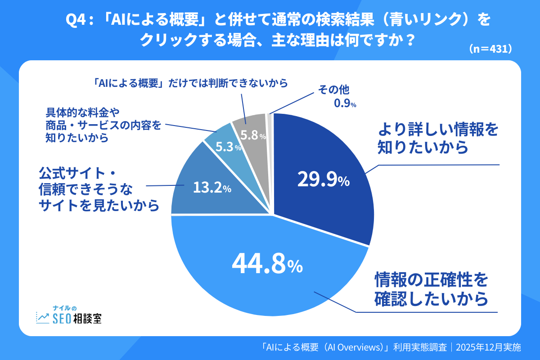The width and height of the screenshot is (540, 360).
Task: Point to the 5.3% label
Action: click(228, 147)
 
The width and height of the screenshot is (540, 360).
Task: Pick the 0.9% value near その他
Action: click(345, 104)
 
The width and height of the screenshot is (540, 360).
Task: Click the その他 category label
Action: click(334, 90)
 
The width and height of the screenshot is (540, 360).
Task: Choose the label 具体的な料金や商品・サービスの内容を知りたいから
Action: click(103, 125)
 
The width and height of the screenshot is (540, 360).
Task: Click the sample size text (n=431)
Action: click(490, 49)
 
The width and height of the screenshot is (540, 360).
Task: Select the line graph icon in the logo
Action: click(43, 318)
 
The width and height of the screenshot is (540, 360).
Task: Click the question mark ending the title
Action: click(408, 40)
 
